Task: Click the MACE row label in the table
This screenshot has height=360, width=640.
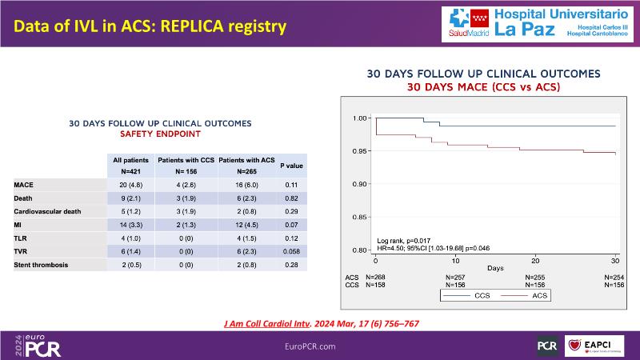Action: pyautogui.click(x=24, y=184)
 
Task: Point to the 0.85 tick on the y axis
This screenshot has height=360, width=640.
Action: pyautogui.click(x=360, y=217)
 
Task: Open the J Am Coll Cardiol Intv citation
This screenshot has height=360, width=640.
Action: pyautogui.click(x=320, y=324)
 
